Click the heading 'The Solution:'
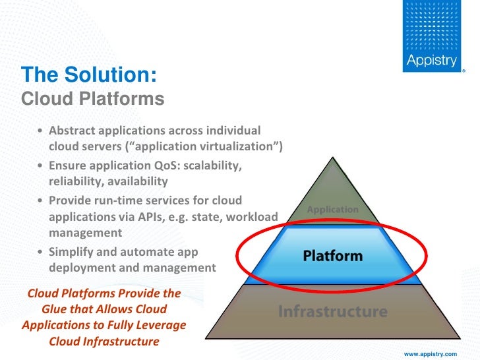[88, 75]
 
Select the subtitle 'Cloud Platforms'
[92, 99]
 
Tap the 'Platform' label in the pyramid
[332, 255]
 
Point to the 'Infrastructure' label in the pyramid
[332, 311]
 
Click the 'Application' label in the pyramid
[333, 210]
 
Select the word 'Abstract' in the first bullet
[73, 129]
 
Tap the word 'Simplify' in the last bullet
[73, 252]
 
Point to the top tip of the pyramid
[333, 156]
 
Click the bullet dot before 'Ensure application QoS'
[41, 165]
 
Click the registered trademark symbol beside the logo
[464, 69]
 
